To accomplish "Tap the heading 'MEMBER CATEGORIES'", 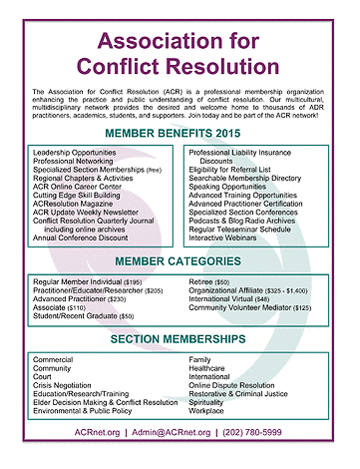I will tap(180, 260).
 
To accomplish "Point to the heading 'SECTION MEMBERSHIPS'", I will tap(180, 339).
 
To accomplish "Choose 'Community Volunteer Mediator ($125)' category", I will tap(255, 307).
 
